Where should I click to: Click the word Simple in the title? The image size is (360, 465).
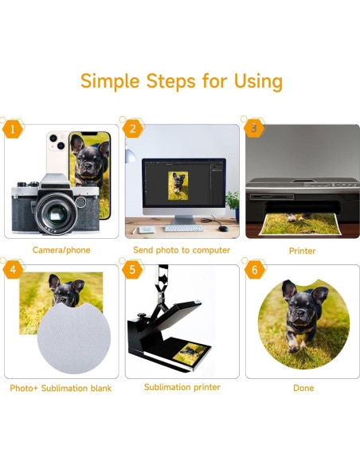110,81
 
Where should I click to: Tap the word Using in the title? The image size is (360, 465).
258,81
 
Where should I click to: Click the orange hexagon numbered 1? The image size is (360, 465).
13,129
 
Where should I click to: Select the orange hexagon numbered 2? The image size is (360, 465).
132,129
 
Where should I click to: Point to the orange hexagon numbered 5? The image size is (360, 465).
132,269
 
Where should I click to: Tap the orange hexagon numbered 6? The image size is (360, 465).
254,270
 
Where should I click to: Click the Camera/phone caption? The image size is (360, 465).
61,250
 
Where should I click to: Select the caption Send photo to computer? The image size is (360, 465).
182,250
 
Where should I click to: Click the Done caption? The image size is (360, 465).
303,388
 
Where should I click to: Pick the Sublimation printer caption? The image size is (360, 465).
182,387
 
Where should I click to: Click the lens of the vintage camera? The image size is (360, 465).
57,213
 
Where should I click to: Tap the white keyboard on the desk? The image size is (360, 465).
184,228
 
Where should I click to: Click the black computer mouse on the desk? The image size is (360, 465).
223,229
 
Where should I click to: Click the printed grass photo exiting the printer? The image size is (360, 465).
300,225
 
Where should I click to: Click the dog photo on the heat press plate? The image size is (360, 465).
190,354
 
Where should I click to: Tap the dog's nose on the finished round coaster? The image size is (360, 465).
299,313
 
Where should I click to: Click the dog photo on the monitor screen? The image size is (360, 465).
178,186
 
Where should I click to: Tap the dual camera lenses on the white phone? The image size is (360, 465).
57,142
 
